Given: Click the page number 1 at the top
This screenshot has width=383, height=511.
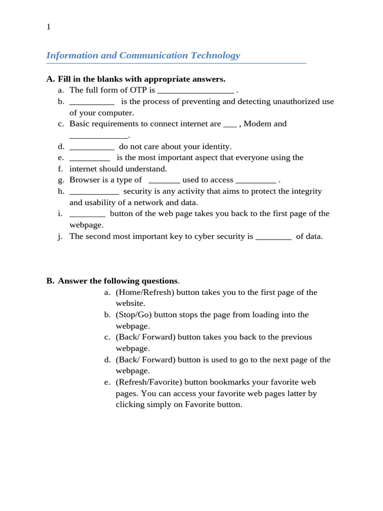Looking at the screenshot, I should tap(48, 27).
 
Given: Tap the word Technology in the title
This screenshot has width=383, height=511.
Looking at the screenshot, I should tap(215, 55).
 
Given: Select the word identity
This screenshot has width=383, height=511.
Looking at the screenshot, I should tap(216, 146).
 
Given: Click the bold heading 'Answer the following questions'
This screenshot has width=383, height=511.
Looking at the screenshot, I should tap(118, 280).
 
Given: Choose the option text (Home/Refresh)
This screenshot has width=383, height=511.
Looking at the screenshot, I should tap(145, 292).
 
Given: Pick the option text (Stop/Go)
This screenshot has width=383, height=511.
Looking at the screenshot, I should tap(134, 314).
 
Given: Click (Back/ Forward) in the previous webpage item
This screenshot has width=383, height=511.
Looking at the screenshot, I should tap(146, 337).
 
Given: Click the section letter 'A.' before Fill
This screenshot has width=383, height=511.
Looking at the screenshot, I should tap(50, 79).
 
